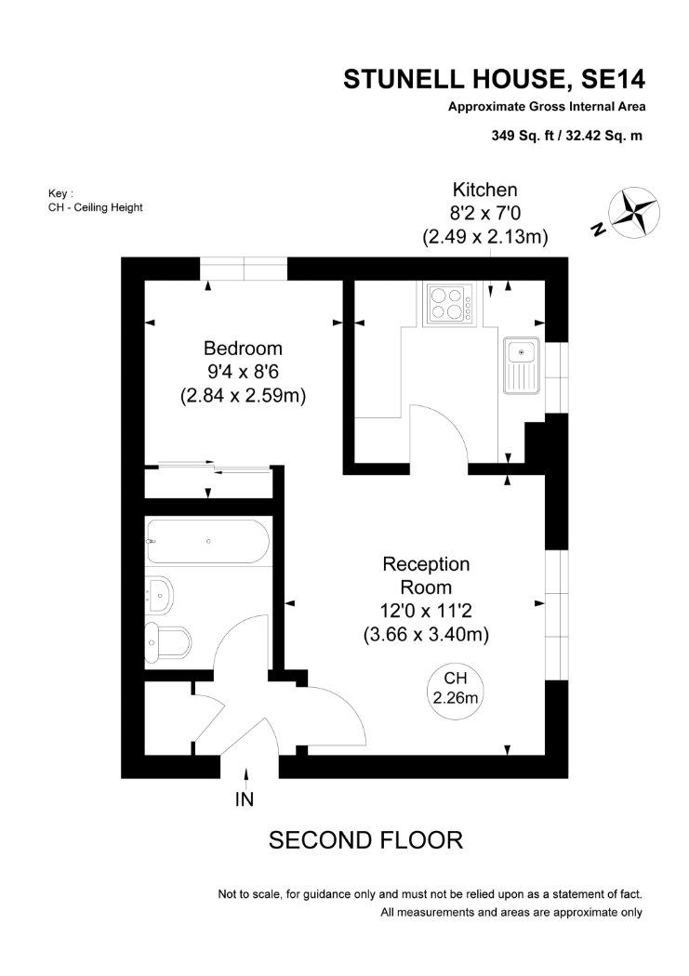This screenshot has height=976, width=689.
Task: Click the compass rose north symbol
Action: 633,212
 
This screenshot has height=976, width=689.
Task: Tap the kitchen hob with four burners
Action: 449,303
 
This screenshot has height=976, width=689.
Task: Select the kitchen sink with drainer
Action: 523,365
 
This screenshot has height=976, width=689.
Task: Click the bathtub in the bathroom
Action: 208,542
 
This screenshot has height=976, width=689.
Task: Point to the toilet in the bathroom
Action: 167,641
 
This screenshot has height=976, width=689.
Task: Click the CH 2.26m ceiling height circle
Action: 456,691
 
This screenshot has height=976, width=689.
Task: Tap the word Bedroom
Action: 243,348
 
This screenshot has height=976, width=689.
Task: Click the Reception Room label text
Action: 427,575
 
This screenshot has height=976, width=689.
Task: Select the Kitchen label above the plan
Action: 484,190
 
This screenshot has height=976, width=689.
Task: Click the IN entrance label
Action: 245,799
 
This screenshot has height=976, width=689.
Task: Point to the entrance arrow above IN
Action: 246,778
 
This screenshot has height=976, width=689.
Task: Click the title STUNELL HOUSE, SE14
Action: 494,79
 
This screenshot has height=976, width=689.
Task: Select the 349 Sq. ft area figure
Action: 523,135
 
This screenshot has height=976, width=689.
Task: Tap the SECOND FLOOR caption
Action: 366,840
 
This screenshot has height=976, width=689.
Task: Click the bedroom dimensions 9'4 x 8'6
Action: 243,372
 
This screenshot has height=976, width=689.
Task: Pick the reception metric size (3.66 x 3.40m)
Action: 427,634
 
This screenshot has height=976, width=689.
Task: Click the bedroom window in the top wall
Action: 244,269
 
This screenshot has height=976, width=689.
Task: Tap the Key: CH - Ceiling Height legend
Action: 95,201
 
